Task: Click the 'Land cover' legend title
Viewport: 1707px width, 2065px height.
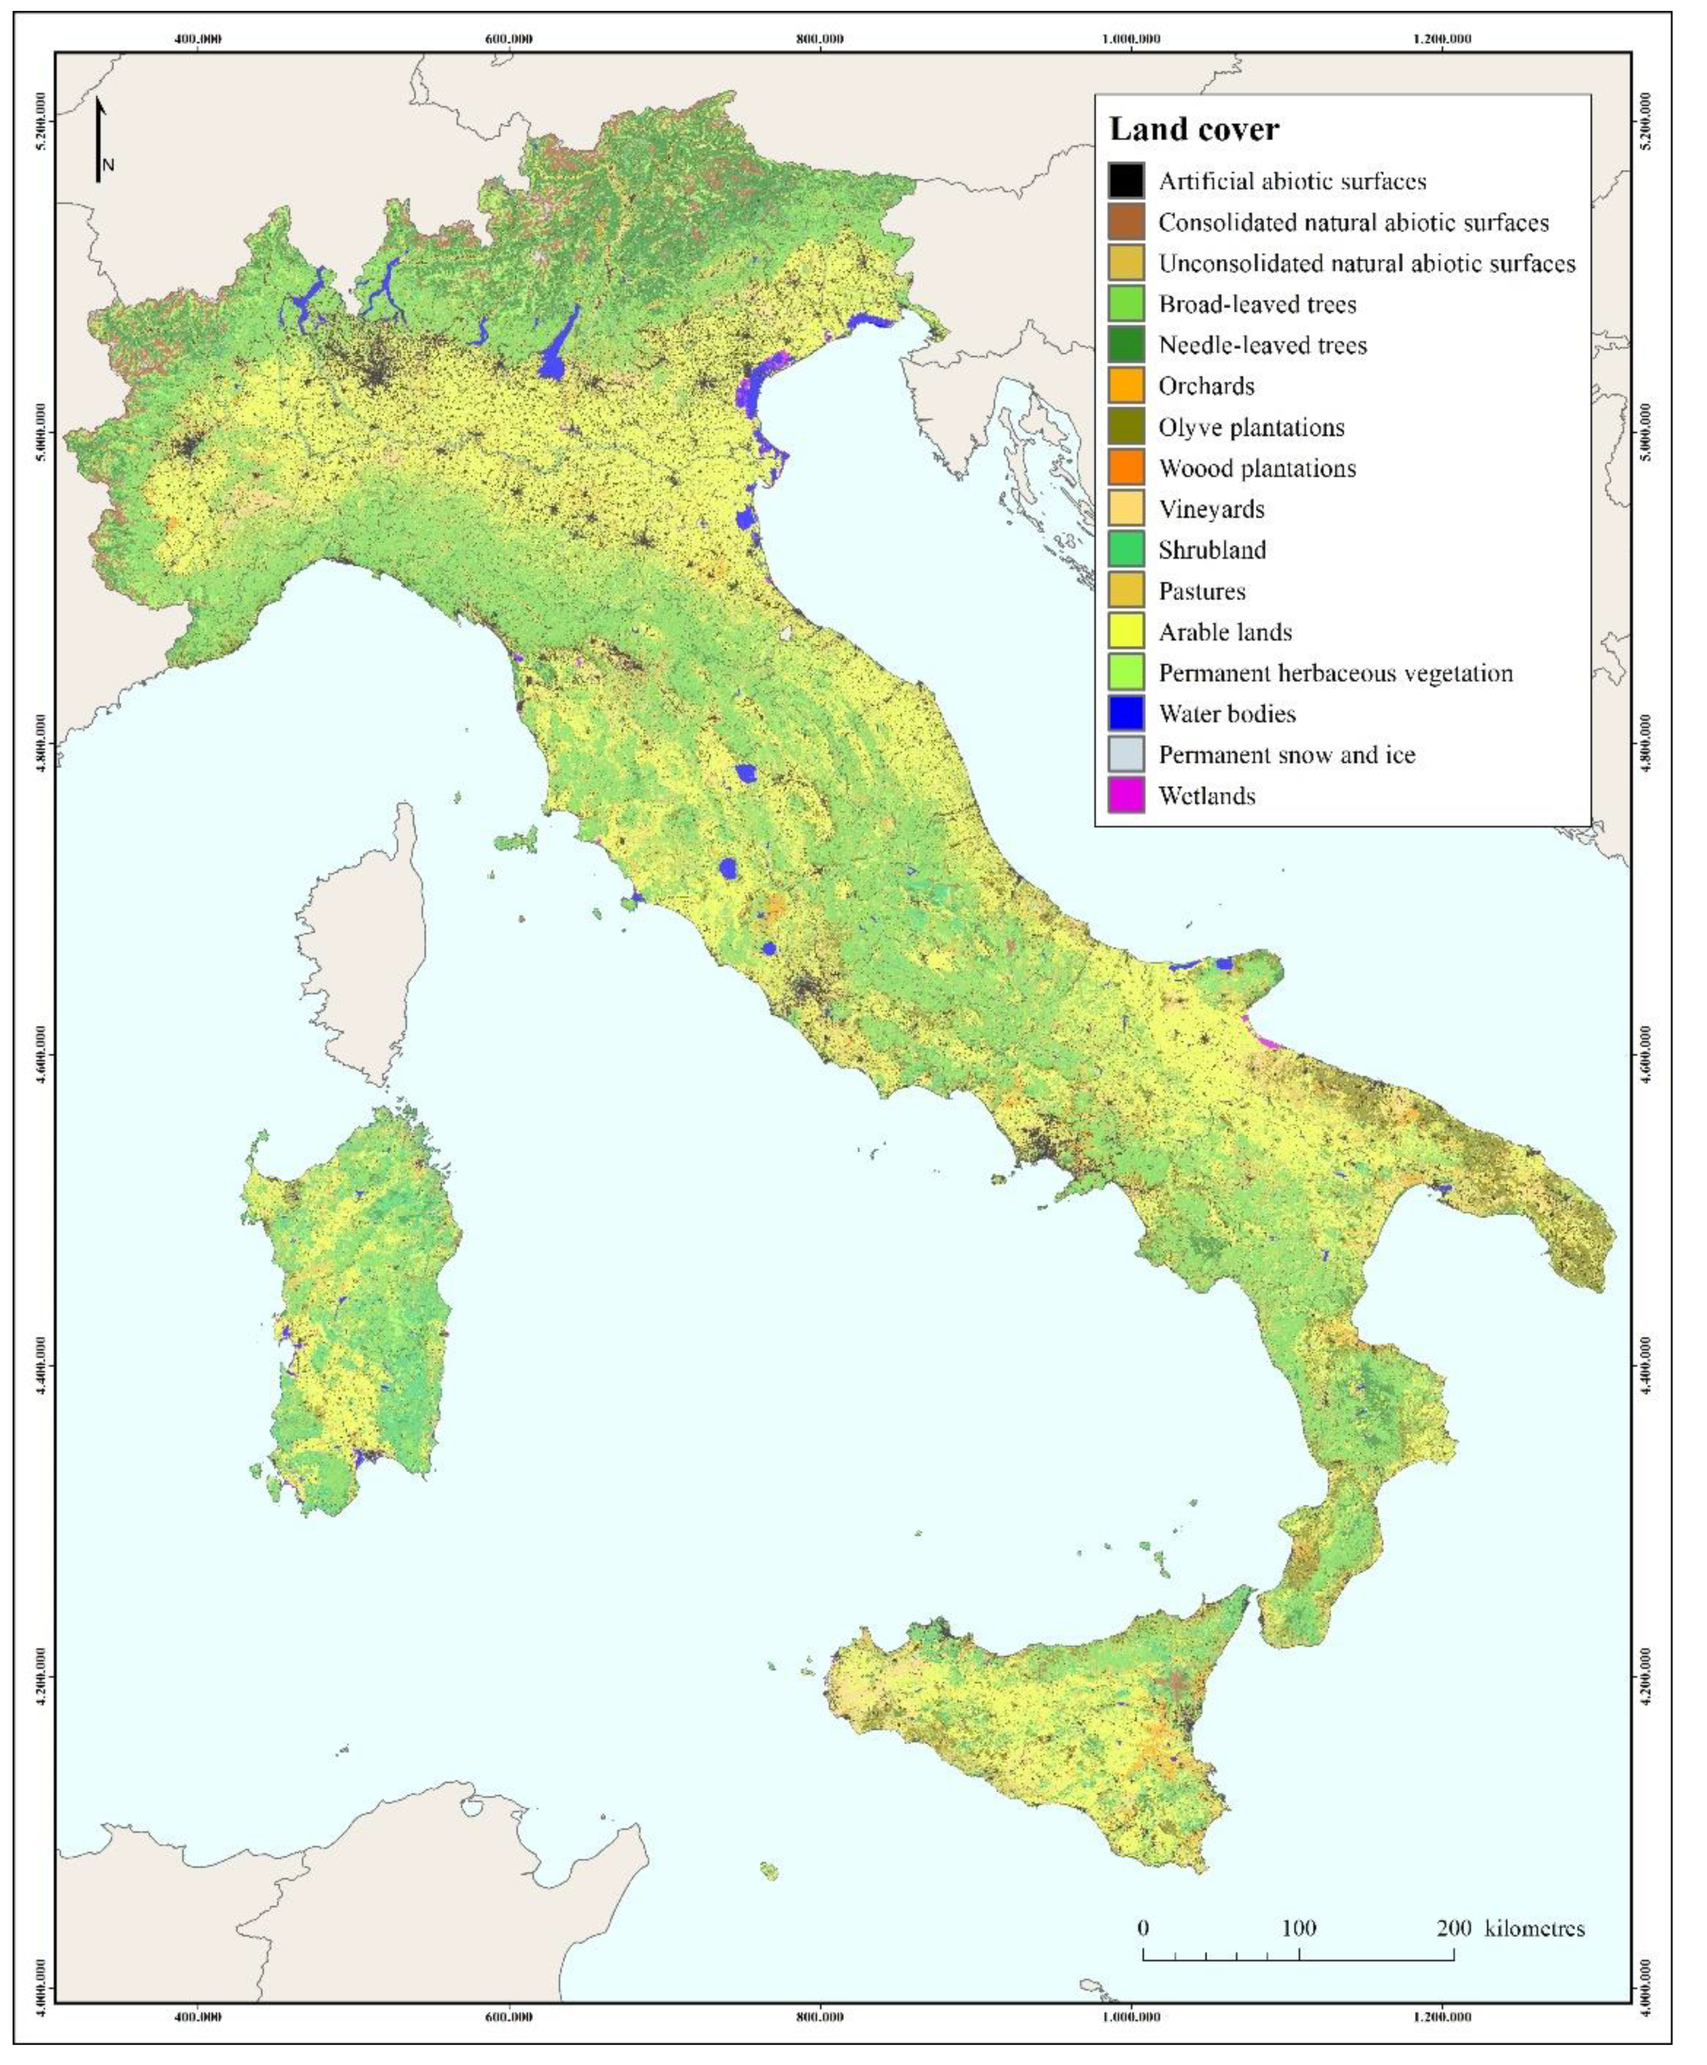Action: coord(1194,130)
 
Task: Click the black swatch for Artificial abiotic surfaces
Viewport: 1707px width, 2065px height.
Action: coord(1126,181)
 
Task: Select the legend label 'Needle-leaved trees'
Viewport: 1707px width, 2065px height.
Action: coord(1263,345)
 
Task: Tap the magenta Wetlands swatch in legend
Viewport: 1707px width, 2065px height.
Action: coord(1126,797)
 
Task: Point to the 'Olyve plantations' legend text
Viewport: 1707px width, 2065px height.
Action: coord(1251,428)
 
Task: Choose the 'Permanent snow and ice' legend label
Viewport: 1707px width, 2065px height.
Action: coord(1286,755)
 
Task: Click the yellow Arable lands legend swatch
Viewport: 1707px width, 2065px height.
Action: coord(1126,632)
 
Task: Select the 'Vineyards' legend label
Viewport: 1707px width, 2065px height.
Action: coord(1211,509)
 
